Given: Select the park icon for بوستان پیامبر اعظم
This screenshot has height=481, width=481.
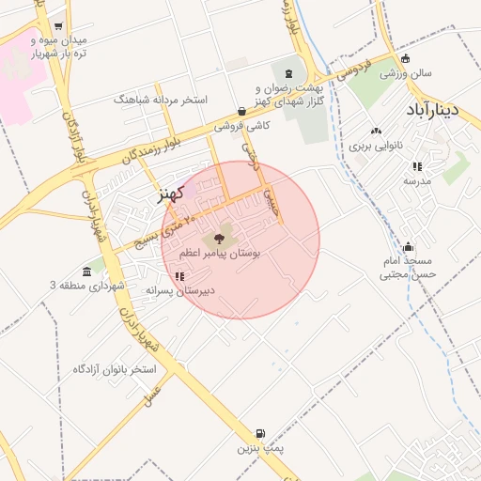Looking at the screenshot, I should click(220, 239).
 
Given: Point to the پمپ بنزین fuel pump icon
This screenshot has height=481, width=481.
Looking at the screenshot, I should click(259, 434).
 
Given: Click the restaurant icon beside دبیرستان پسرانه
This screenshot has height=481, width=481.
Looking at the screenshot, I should click(178, 276).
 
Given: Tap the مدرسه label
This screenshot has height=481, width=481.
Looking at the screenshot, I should click(417, 180).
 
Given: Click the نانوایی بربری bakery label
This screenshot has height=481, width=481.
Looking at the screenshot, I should click(376, 146).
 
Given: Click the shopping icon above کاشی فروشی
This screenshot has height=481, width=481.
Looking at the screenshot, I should click(242, 111).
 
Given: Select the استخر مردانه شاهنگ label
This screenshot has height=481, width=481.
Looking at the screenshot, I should click(161, 99).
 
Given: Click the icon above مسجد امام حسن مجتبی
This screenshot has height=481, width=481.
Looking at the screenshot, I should click(406, 245).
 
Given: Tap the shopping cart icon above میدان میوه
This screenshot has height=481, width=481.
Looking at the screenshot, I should click(60, 26).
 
